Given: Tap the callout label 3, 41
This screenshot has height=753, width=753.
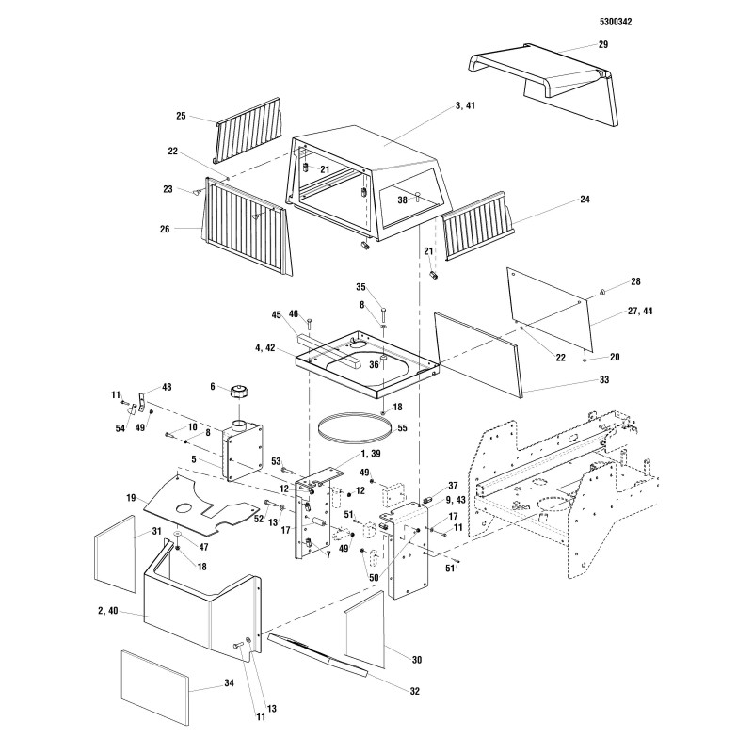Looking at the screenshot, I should tap(464, 106).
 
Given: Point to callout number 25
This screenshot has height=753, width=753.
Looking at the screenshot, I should tap(181, 116).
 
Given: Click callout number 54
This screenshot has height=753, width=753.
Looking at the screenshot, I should tap(119, 428).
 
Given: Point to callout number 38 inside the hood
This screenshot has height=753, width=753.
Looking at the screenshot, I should tap(402, 200).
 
